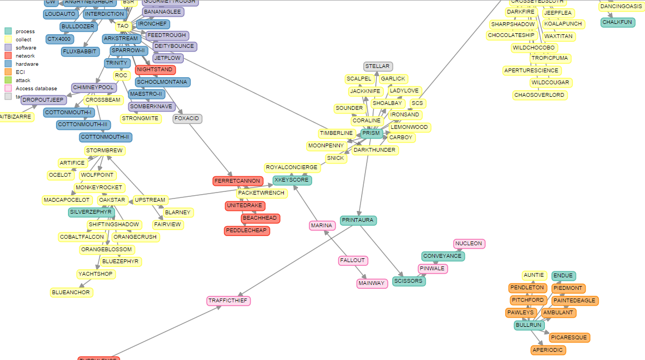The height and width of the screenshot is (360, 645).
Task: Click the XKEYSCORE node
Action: (292, 180)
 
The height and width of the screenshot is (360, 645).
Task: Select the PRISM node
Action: (371, 133)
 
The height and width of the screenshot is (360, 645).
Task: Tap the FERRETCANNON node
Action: (238, 181)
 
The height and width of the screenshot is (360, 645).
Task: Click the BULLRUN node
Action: (529, 325)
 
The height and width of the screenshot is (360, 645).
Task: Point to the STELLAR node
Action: (377, 66)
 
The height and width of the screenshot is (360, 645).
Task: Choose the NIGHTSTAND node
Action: (155, 70)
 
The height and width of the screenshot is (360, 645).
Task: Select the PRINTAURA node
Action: (358, 220)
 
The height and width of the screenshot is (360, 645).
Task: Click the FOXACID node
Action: (188, 118)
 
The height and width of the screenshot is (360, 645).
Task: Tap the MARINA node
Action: (321, 226)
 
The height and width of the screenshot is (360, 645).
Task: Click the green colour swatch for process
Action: (8, 31)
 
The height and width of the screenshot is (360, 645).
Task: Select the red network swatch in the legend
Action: (8, 55)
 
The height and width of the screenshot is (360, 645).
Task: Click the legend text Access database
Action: (36, 88)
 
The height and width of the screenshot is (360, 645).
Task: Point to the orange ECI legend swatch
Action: (8, 72)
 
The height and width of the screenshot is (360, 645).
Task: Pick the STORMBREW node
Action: (105, 150)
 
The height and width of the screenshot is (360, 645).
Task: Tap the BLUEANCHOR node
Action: (71, 293)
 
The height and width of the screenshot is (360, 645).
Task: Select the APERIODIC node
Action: (548, 350)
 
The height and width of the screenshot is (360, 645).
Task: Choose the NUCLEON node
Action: (469, 244)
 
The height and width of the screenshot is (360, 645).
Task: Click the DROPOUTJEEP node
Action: (44, 100)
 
